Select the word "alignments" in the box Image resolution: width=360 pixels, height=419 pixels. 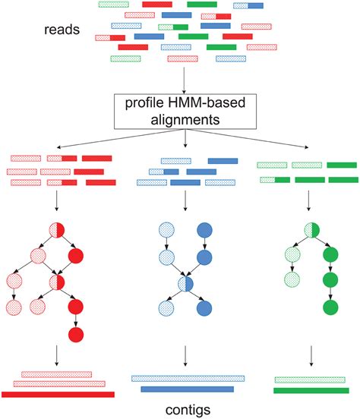[185, 120]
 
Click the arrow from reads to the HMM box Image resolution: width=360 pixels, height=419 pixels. [185, 80]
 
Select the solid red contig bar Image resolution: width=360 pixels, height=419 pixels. [58, 394]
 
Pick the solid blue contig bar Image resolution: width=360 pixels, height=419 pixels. [188, 389]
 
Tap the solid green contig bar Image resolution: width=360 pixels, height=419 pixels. [310, 390]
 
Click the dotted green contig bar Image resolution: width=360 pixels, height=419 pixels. [310, 379]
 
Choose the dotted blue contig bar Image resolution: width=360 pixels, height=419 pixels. [188, 377]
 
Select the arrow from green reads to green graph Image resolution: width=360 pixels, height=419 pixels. [308, 200]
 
